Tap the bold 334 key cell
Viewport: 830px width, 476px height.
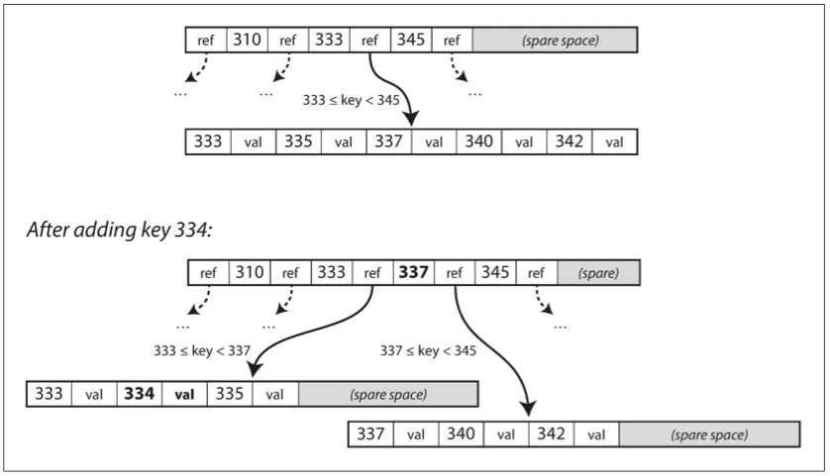(x=139, y=394)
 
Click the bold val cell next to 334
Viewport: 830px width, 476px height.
(x=183, y=394)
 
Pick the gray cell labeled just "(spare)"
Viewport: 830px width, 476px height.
(x=598, y=272)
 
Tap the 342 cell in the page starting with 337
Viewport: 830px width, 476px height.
(x=548, y=433)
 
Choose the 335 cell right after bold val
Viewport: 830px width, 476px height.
(x=228, y=394)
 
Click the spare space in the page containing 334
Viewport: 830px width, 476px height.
(x=387, y=394)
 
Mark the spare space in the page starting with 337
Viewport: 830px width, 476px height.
(x=708, y=433)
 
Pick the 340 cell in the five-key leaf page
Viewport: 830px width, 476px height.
(x=478, y=142)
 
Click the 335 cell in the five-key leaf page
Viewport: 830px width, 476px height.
(x=298, y=142)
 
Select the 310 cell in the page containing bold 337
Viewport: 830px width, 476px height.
(x=248, y=272)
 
